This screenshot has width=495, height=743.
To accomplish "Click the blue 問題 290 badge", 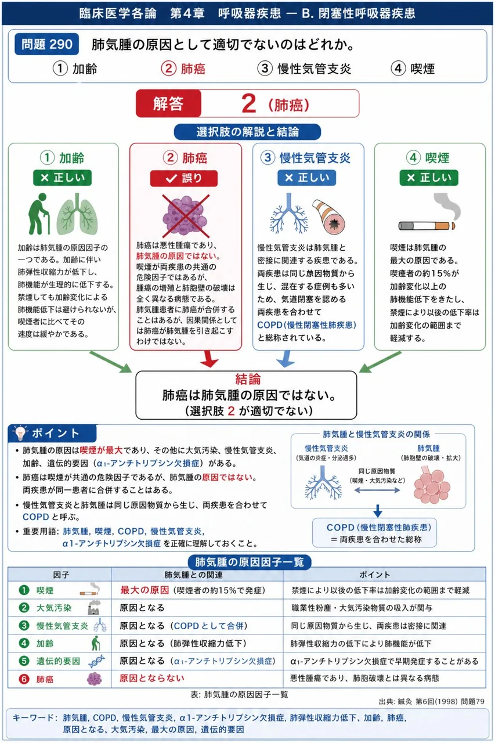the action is point(47,44).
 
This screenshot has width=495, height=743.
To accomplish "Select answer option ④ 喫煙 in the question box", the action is point(413,68).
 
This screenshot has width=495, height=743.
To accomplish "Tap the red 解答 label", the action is point(168,103).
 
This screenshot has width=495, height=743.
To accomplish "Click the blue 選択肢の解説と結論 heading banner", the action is point(247,132).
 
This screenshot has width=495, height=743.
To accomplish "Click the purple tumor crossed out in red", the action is point(186,216).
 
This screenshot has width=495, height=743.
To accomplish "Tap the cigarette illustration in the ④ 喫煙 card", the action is point(427,226).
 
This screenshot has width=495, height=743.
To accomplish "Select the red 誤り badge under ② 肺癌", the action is point(184,178).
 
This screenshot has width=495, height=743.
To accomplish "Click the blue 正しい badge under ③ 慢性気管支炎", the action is point(306,178).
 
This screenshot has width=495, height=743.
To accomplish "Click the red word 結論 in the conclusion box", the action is point(248,379).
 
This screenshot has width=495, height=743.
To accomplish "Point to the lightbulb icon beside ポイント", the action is point(20,432).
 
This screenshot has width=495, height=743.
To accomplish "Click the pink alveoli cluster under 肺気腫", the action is point(431,485).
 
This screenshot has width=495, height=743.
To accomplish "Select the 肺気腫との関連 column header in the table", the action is point(194,575).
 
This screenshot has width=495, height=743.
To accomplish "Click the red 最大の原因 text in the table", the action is point(144,590).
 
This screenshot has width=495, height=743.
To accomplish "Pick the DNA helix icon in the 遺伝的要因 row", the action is point(96,661).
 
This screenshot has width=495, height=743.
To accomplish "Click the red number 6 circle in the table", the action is point(24,679).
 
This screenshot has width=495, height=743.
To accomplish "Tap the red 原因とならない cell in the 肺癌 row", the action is point(152,679).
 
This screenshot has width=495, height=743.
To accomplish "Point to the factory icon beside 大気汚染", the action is point(94,608).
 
